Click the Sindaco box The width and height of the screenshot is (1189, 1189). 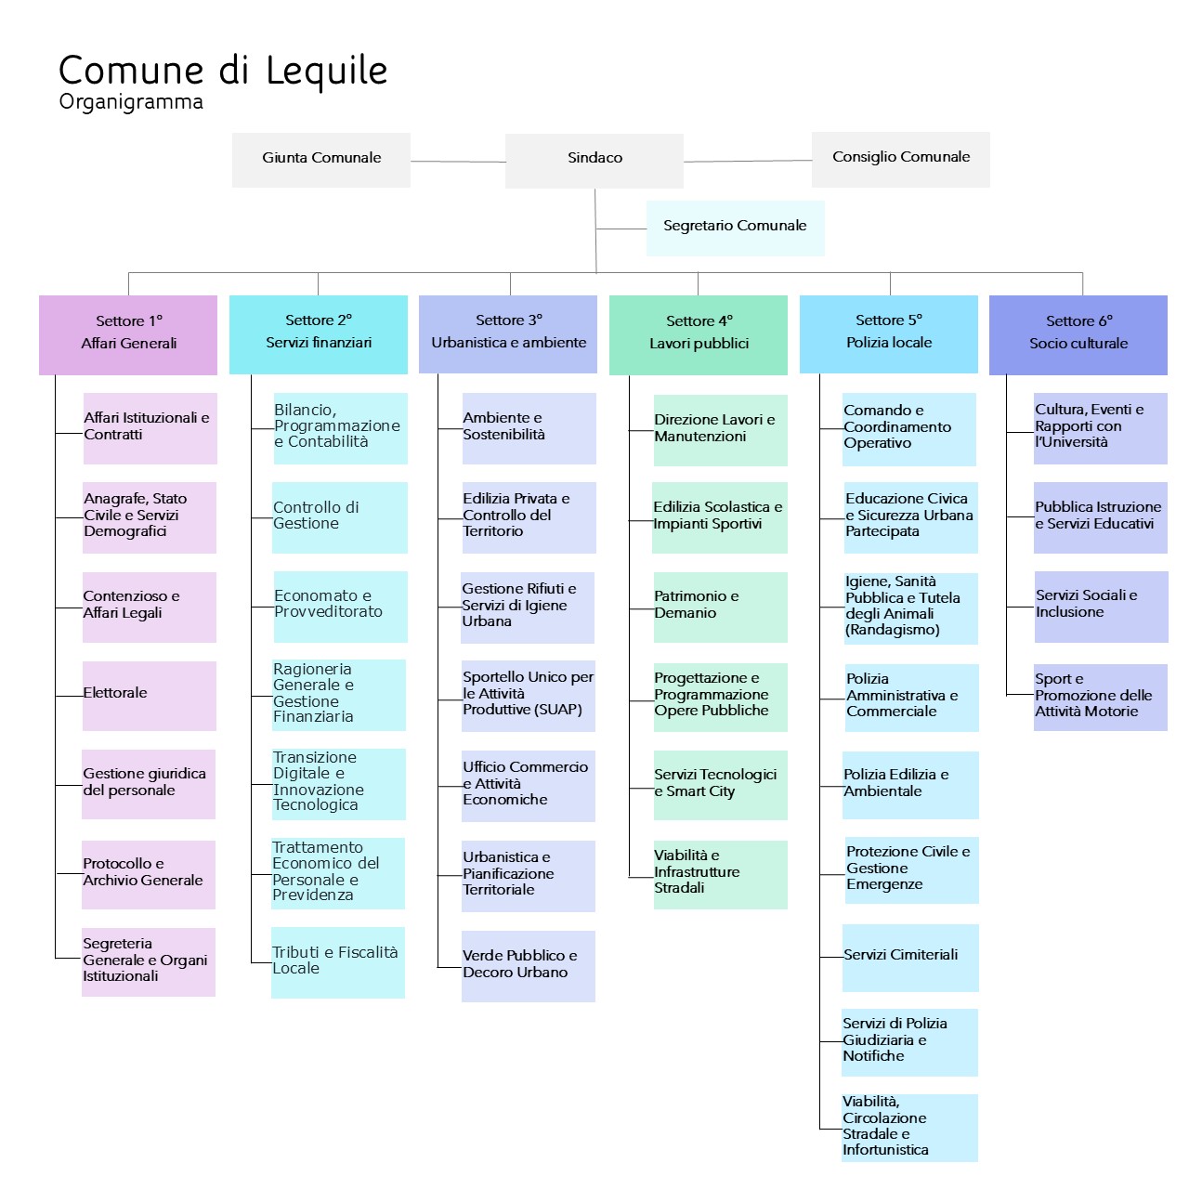coord(594,160)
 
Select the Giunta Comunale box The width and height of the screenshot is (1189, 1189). coord(321,160)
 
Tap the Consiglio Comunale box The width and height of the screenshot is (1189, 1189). coord(900,159)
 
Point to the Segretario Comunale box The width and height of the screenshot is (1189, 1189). coord(735,228)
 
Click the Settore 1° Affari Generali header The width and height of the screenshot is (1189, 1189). coord(128,334)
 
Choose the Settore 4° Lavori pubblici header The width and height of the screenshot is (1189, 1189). coord(699,334)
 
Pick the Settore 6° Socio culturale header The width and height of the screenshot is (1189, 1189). coord(1078,334)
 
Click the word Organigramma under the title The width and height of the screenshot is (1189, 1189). coord(131,101)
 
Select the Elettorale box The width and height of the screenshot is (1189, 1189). coord(149,695)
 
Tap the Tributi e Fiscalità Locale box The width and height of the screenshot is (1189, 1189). coord(338,962)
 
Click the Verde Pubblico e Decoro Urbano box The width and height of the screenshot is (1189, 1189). coord(528,966)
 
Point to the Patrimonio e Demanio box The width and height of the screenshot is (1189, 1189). coord(720,607)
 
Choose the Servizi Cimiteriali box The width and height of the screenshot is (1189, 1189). coord(910,957)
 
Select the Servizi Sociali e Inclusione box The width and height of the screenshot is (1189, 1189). coord(1101,606)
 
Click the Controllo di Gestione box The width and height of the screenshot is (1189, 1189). coord(340,517)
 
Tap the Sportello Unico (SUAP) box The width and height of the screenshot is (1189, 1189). coord(528,695)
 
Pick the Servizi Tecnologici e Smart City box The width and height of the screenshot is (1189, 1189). coord(720,785)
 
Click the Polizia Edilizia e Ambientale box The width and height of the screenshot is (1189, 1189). coord(910,785)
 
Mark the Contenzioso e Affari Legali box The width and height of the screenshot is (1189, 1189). coord(149,607)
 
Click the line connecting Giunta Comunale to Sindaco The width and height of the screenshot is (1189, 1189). coord(457,162)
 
